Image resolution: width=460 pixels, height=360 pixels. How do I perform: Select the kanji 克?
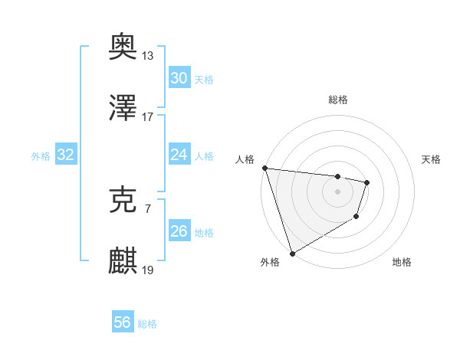123,199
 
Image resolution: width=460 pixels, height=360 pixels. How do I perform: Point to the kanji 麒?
123,260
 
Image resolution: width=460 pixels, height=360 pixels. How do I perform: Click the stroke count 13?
148,55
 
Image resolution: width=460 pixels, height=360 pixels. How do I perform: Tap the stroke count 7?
148,208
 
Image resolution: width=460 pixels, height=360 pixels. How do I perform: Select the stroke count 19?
148,270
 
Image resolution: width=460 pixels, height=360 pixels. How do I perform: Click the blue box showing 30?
179,78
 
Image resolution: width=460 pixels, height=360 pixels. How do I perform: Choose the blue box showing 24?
179,155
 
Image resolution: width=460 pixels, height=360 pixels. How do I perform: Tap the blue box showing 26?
179,231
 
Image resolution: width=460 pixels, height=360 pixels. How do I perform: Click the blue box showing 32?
66,155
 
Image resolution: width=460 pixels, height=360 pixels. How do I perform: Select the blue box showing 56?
122,322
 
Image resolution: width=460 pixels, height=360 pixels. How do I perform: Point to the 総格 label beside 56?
147,324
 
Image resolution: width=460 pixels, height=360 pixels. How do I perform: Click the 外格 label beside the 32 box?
41,156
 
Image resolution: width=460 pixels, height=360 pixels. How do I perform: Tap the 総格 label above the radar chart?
337,100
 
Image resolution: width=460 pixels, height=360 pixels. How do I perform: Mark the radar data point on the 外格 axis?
291,253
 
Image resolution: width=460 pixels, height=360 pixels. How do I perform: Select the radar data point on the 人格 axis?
264,168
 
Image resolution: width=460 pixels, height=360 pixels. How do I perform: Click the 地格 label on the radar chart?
402,263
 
